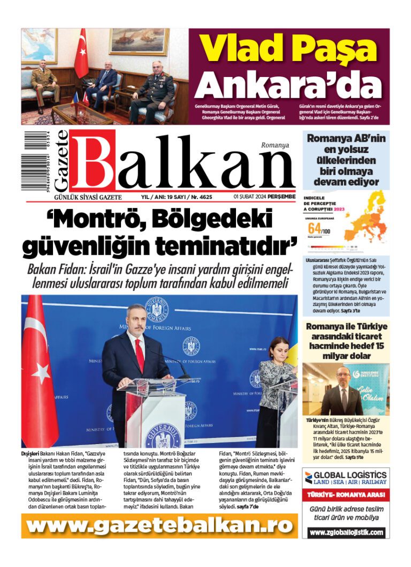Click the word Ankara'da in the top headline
click(x=291, y=84)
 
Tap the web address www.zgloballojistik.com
click(x=346, y=533)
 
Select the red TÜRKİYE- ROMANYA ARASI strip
click(x=346, y=495)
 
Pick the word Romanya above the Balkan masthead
click(x=275, y=145)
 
